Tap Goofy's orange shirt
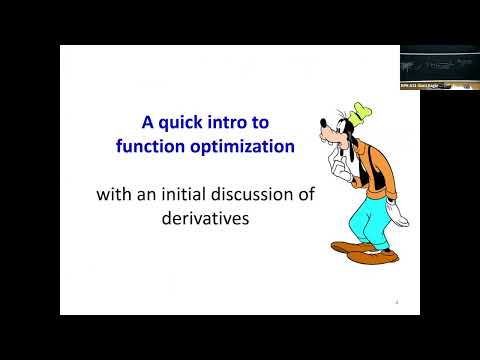[x=362, y=170]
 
